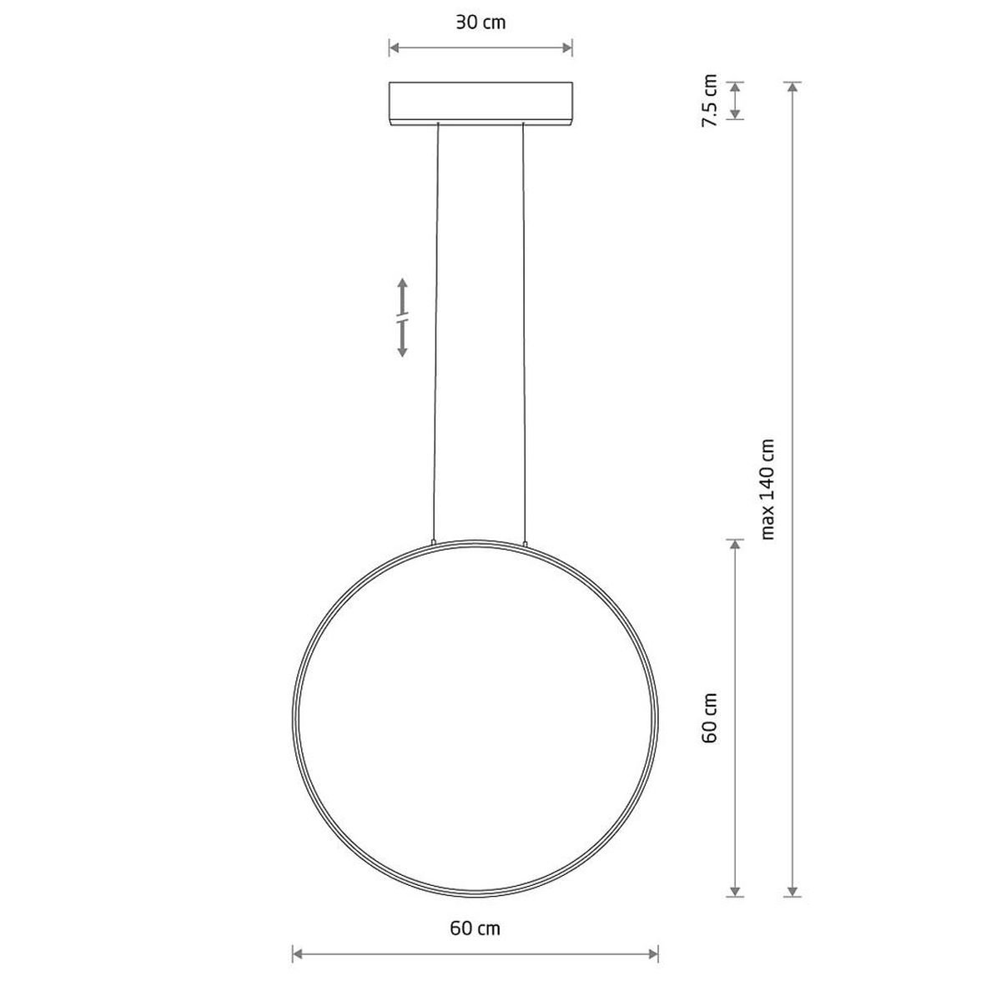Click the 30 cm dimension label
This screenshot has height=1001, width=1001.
480,23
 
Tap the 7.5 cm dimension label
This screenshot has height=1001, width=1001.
709,100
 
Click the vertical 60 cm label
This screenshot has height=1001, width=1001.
710,717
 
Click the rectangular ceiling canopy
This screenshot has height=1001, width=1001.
480,103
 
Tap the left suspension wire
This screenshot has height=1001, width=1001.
435,333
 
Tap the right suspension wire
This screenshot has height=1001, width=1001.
524,333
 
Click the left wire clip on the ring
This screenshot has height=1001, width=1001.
433,542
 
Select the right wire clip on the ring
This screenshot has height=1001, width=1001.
526,543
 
